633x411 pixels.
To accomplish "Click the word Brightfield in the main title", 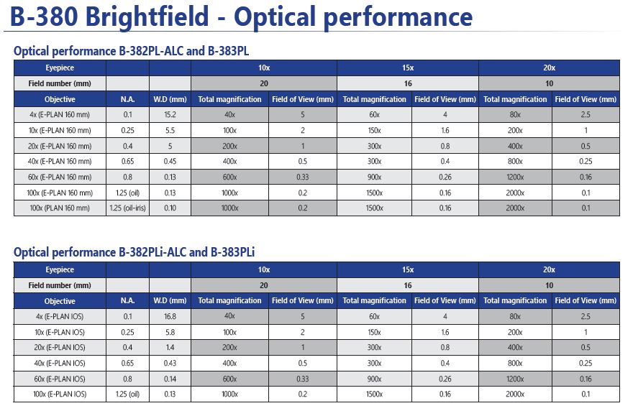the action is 147,17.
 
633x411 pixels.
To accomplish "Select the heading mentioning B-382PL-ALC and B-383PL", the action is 131,51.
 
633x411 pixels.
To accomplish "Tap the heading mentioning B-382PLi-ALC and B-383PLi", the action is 134,252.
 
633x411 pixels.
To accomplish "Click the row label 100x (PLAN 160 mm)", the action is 60,208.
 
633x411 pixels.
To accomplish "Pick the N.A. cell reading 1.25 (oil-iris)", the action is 127,208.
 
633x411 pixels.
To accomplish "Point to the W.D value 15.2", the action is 170,114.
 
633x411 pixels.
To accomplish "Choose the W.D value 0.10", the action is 170,208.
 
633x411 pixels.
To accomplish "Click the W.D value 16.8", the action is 170,317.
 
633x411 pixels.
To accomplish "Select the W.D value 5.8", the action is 170,333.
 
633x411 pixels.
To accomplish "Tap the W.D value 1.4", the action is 170,348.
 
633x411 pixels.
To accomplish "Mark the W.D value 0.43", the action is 170,363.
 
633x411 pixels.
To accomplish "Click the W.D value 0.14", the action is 170,379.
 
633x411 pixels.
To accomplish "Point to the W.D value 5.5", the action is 170,130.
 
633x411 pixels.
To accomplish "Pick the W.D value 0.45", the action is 170,162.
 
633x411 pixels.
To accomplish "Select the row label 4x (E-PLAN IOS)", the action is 60,317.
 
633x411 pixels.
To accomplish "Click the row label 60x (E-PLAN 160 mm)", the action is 60,177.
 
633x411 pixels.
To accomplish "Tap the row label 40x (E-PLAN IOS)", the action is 60,363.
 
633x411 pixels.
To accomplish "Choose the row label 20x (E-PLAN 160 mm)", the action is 60,146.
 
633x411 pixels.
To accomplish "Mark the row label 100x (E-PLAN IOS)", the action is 60,394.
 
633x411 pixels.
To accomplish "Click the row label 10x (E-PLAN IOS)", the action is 60,333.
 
